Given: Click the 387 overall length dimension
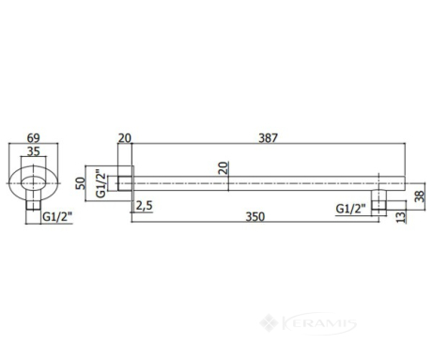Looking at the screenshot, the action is click(x=269, y=138).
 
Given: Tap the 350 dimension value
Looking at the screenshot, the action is click(x=255, y=216).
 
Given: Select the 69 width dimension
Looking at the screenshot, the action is click(x=34, y=138).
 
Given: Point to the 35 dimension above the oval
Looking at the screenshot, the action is click(x=34, y=151).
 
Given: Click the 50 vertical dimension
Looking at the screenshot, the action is click(x=81, y=183).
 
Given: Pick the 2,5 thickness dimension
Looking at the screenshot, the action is click(x=144, y=206).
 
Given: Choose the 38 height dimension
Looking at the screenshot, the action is click(x=419, y=196).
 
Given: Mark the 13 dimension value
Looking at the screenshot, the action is click(x=400, y=217).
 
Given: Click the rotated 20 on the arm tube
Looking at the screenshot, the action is click(x=223, y=168).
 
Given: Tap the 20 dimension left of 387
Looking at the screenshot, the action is click(x=125, y=138).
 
